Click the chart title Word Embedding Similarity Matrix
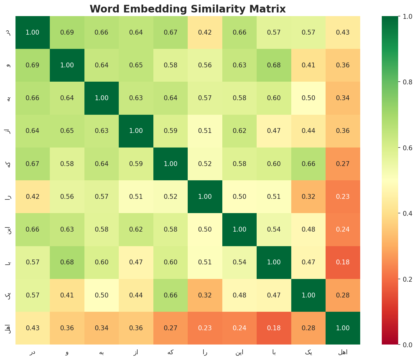click(x=188, y=9)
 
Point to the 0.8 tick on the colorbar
click(x=401, y=82)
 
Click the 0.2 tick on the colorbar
click(x=401, y=279)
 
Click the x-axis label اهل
click(x=343, y=352)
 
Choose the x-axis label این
click(x=239, y=352)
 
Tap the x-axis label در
click(x=32, y=352)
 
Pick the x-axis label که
click(x=170, y=352)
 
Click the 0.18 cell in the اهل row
click(x=274, y=328)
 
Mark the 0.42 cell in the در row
click(x=205, y=32)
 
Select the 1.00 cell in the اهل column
click(x=343, y=328)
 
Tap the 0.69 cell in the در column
click(x=32, y=65)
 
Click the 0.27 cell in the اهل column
click(x=343, y=164)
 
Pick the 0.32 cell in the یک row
click(x=205, y=295)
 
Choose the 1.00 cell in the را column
click(x=205, y=197)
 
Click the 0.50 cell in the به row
click(x=308, y=98)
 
